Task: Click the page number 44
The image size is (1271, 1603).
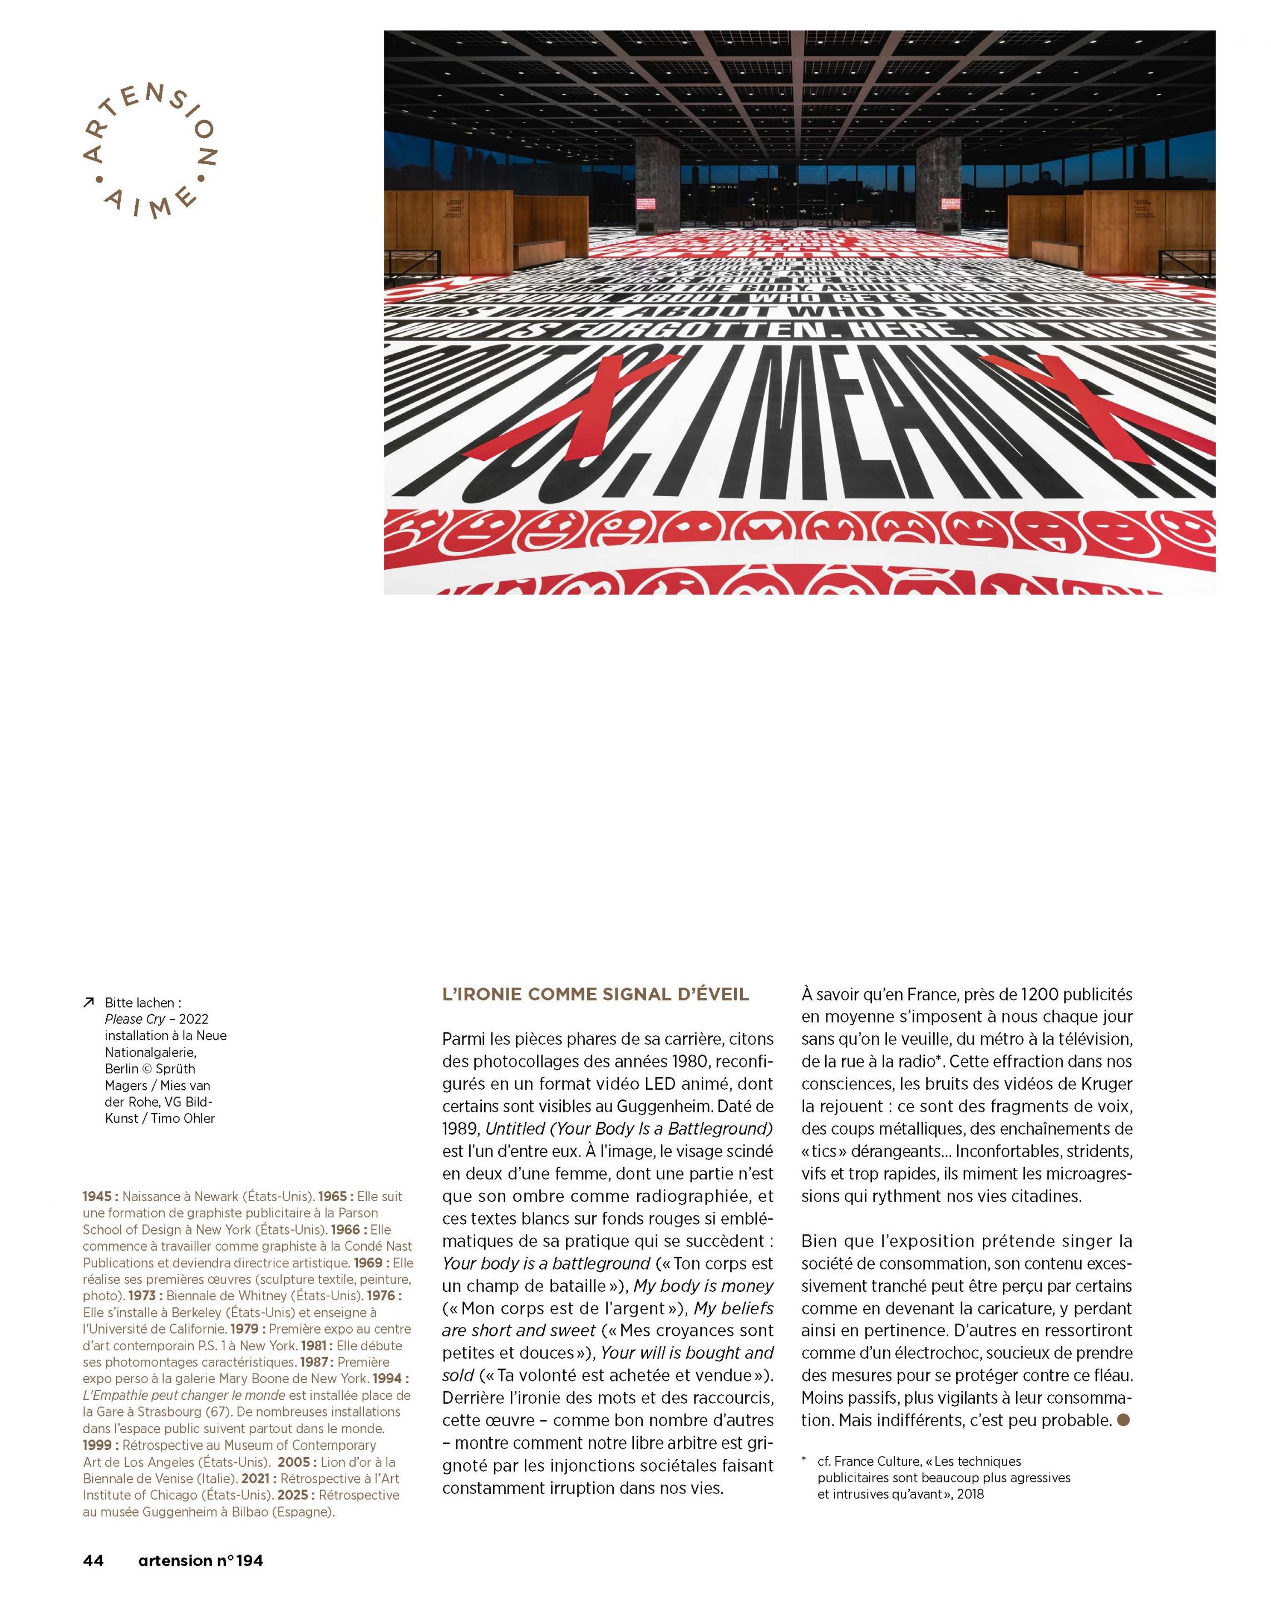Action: pos(93,1560)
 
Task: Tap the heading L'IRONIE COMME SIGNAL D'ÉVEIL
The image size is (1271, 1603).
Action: pos(595,994)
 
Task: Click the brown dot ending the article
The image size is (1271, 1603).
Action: pos(1123,1420)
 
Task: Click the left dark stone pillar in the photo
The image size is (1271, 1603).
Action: pos(657,186)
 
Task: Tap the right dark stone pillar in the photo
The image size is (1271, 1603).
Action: pos(938,186)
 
